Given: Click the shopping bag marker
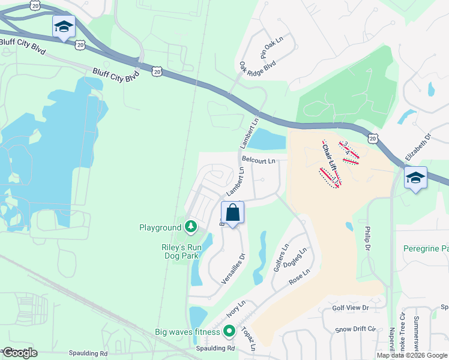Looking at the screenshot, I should [232, 213].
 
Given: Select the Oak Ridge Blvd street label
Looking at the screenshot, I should [257, 72].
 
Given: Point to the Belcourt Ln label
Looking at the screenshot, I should [259, 161].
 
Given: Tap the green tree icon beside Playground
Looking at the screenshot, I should [190, 226].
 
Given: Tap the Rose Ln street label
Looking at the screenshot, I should [298, 277].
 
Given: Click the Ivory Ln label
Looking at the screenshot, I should [236, 310].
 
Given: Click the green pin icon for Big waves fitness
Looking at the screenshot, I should [229, 331].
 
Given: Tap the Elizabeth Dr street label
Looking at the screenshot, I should [418, 146].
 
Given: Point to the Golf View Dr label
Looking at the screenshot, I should [350, 308].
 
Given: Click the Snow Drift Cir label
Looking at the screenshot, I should [355, 329].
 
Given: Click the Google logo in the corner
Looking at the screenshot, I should [20, 353].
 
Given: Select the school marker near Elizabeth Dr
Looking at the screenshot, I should [415, 178].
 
